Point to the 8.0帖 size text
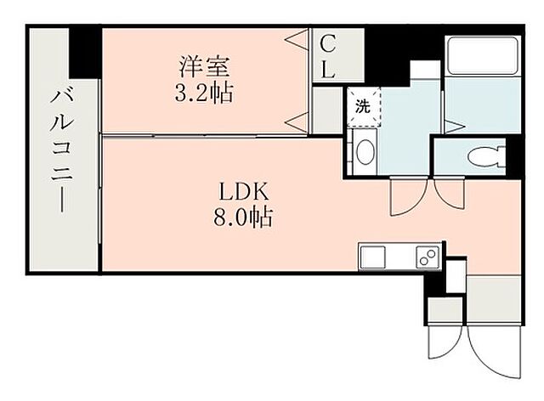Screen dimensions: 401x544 coord(243,217)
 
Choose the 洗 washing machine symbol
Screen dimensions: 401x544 coord(363,108)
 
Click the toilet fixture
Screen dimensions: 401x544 coord(484,155)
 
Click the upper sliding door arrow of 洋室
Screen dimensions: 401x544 coord(297,39)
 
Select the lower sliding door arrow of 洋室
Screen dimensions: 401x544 coord(297,120)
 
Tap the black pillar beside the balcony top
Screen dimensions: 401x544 coord(86,52)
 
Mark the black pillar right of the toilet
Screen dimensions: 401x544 coord(514,155)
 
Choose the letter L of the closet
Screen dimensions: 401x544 coord(328,71)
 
